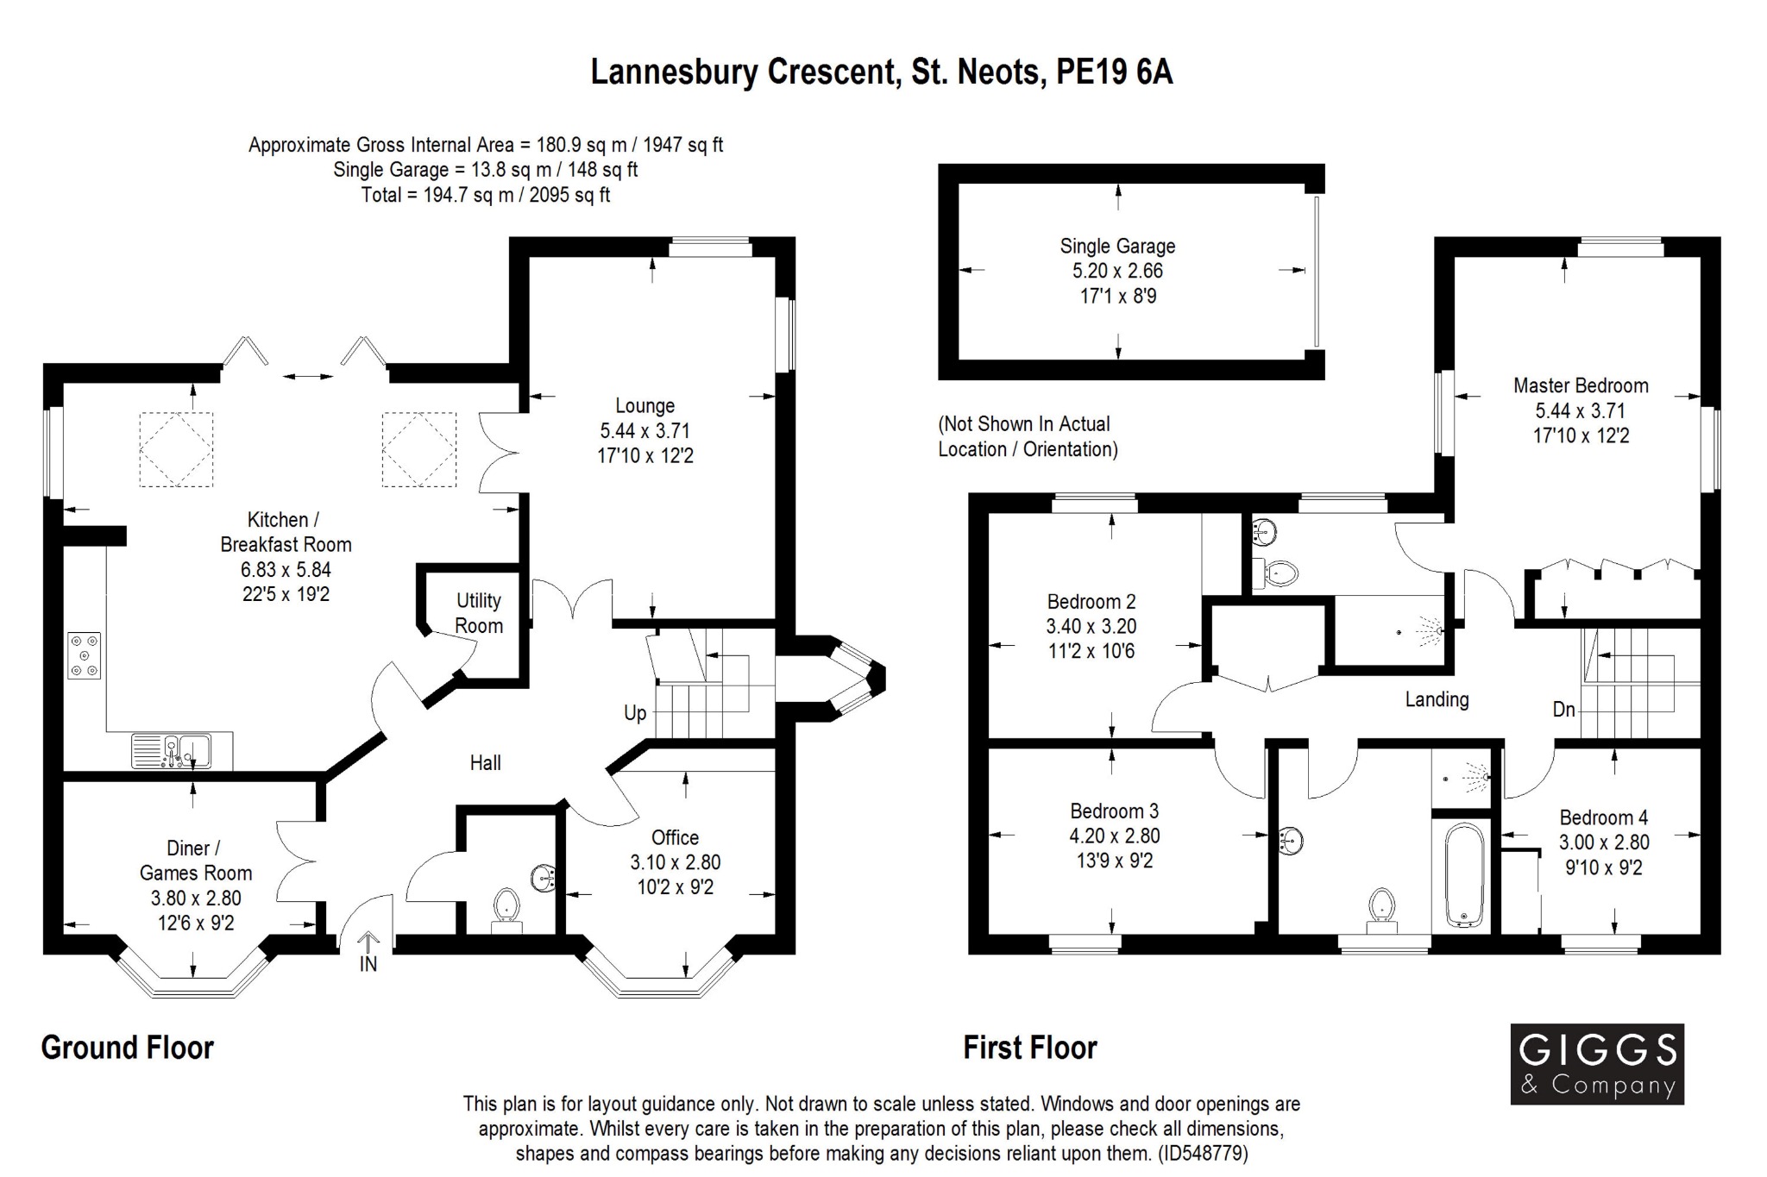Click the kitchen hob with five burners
[x=85, y=656]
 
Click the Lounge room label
[x=645, y=405]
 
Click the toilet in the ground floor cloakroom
[x=506, y=907]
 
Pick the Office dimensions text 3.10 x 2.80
[x=675, y=862]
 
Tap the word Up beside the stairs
[x=635, y=713]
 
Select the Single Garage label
[x=1117, y=246]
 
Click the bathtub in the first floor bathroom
[x=1463, y=875]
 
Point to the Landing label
[x=1437, y=699]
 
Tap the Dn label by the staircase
[x=1564, y=710]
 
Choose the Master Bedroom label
[x=1581, y=385]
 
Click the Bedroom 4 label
[x=1603, y=817]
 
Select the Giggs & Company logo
[x=1597, y=1064]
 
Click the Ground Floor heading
[x=128, y=1048]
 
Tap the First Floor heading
[x=1030, y=1048]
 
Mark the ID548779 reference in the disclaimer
[x=1200, y=1153]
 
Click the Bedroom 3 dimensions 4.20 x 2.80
[x=1115, y=836]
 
